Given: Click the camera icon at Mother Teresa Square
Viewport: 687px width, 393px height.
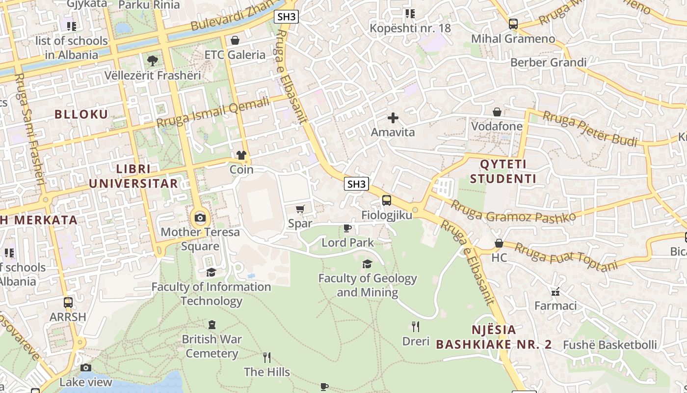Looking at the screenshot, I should pos(200,218).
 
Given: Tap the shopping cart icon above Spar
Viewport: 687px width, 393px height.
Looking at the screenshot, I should pos(300,209).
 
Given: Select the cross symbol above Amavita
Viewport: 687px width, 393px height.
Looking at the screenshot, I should pos(393,118).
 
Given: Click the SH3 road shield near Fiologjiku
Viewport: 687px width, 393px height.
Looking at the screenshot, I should pos(356,184).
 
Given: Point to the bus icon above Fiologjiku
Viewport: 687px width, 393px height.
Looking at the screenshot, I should pos(387,200).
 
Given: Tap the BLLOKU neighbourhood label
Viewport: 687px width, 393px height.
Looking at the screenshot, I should pos(81,114).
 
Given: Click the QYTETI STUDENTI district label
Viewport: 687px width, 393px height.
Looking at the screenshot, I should pos(503,171).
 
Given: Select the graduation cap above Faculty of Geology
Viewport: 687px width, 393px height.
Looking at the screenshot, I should pos(367,264).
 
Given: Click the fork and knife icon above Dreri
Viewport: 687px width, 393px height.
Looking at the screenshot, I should pos(416,327).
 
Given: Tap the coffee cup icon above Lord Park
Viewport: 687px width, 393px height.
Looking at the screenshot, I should pos(347,228).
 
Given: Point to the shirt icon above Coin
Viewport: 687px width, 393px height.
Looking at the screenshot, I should pos(241,156).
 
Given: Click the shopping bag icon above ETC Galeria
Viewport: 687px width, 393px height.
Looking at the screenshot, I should pos(235,40).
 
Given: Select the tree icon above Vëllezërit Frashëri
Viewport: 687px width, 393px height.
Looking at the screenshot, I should pos(153,61).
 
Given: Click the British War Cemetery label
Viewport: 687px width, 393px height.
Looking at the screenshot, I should pos(211,346).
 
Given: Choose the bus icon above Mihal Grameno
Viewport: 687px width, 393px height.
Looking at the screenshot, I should pos(513,24).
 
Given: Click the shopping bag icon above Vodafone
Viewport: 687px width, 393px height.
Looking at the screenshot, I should pos(497,112).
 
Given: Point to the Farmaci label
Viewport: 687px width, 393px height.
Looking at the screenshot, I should pos(555,306).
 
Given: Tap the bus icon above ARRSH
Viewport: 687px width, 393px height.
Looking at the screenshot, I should pos(68,303).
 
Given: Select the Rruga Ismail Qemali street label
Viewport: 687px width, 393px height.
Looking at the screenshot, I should pos(213,112).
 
